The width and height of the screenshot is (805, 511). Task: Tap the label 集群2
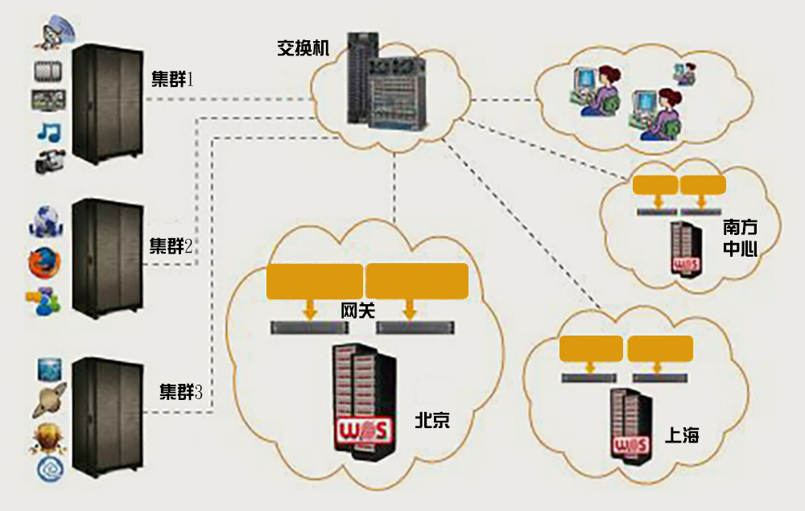(171, 245)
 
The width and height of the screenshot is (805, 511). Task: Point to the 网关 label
(357, 311)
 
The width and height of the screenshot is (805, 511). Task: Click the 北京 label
(432, 420)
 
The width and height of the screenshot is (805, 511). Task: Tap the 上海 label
(682, 435)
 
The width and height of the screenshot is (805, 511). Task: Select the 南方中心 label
(740, 237)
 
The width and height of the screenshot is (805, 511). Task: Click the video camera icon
(47, 162)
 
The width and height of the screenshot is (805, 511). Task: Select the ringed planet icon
(48, 400)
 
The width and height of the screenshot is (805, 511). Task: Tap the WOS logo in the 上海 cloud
(630, 446)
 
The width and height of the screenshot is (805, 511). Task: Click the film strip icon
(48, 72)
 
